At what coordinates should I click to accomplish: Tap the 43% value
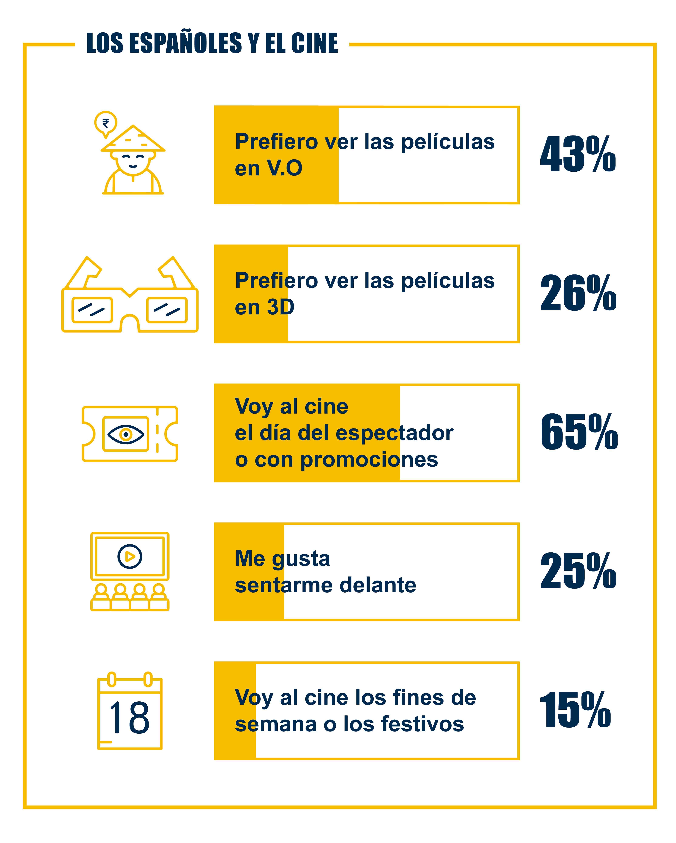pyautogui.click(x=578, y=154)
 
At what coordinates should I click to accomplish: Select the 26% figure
pyautogui.click(x=578, y=293)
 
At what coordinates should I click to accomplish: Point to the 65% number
pyautogui.click(x=579, y=432)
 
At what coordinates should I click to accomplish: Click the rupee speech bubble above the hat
pyautogui.click(x=106, y=123)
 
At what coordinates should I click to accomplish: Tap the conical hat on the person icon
pyautogui.click(x=133, y=140)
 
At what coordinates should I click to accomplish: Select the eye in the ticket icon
pyautogui.click(x=125, y=434)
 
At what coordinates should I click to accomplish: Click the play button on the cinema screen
pyautogui.click(x=130, y=556)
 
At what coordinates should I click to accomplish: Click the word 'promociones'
pyautogui.click(x=369, y=459)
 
